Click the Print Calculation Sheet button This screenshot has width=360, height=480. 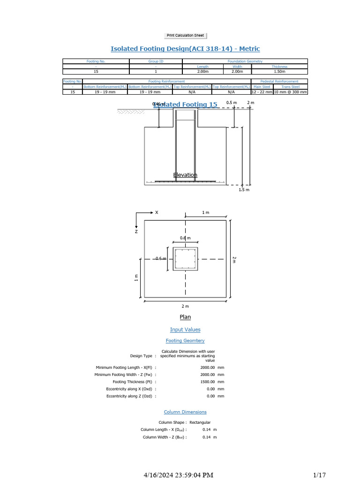point(186,36)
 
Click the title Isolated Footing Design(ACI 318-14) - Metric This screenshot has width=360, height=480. point(185,49)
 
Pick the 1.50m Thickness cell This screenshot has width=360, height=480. point(279,72)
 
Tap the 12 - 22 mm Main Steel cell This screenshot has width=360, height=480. point(262,92)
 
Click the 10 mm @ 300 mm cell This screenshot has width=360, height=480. point(290,92)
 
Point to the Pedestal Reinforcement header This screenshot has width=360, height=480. point(279,82)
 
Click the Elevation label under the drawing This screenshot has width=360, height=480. point(185,175)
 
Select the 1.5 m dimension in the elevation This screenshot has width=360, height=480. point(244,190)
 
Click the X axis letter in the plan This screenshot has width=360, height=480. point(157,212)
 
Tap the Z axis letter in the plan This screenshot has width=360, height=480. point(136,231)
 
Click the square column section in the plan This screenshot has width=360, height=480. point(186,259)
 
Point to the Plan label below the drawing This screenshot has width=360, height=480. point(185,317)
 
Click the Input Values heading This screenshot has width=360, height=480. point(185,330)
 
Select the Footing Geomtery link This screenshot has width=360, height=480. point(185,341)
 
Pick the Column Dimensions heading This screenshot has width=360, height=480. point(185,412)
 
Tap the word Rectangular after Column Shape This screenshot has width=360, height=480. point(200,422)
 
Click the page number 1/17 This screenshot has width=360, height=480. point(319,475)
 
